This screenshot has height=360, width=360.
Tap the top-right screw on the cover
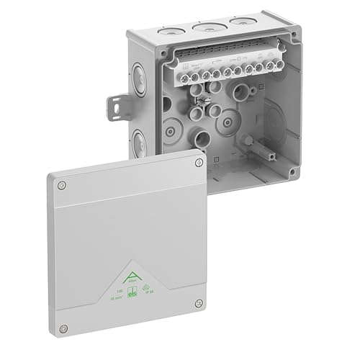[199, 163]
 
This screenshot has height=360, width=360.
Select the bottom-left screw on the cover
[63, 328]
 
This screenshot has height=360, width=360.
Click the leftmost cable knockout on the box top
[170, 33]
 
